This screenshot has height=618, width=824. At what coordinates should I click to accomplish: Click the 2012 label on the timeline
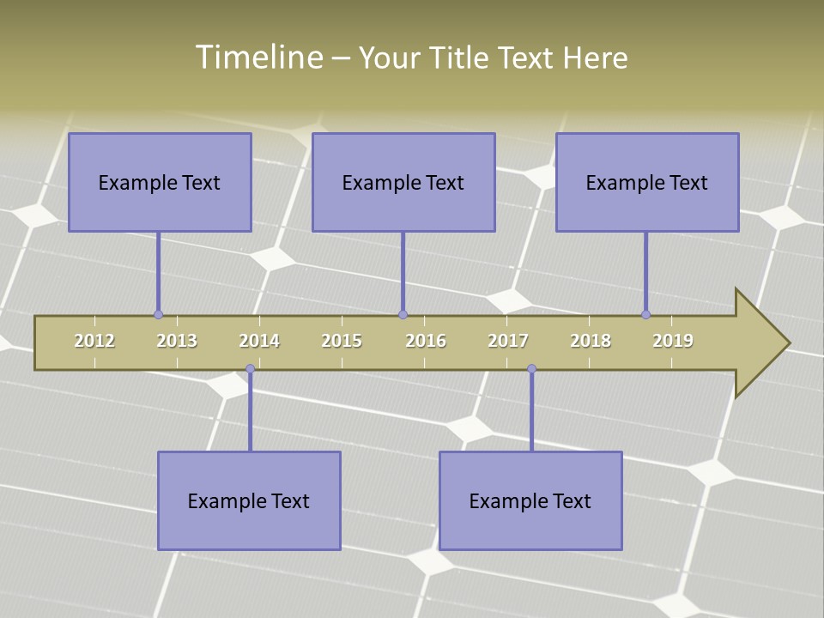(x=94, y=341)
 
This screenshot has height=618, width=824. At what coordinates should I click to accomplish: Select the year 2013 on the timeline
(x=177, y=341)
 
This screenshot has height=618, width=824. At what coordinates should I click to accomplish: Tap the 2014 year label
(x=259, y=341)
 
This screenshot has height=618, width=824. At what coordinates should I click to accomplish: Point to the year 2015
(x=342, y=341)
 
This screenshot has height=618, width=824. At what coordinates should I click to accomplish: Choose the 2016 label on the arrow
(x=426, y=341)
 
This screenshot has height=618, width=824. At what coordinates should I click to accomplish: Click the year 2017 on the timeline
(x=508, y=341)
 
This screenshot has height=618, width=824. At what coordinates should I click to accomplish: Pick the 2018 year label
(x=591, y=341)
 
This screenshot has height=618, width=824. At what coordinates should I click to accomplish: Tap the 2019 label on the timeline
(x=673, y=341)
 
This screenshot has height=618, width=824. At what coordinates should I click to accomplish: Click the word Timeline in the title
(x=258, y=58)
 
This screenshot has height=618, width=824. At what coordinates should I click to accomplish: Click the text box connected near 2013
(x=160, y=182)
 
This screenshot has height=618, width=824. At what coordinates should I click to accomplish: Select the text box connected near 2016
(x=403, y=182)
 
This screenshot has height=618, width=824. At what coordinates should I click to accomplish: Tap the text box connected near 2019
(x=647, y=182)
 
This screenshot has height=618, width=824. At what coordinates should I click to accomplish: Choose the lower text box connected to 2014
(x=249, y=500)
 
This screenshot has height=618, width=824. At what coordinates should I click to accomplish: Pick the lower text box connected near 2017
(x=530, y=500)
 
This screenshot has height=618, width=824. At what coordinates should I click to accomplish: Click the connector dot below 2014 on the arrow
(x=250, y=369)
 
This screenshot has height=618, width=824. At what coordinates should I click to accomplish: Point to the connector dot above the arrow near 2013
(x=158, y=314)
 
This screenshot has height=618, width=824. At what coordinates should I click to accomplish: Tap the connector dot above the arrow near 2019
(x=645, y=314)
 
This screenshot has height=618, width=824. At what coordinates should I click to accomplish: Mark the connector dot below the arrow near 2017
(x=531, y=369)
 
